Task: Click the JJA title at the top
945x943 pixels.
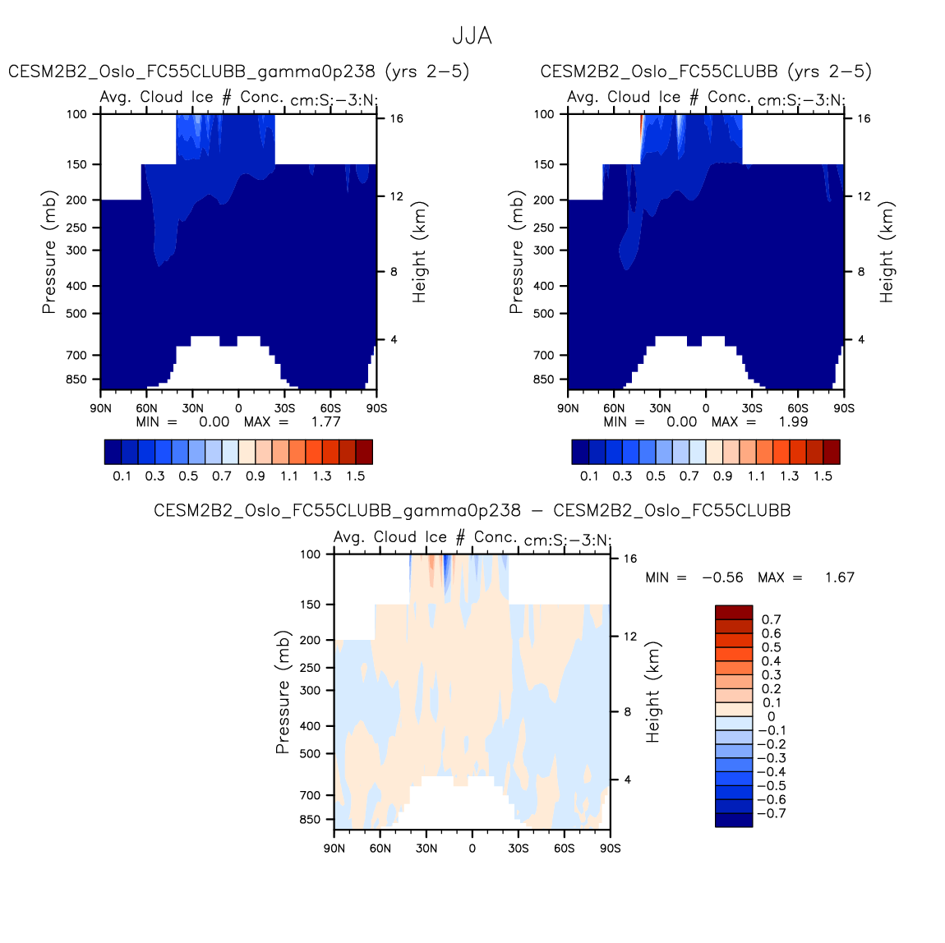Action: pyautogui.click(x=472, y=37)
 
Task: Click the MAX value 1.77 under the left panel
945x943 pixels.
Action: pyautogui.click(x=325, y=422)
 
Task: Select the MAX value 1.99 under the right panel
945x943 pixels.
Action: pyautogui.click(x=793, y=422)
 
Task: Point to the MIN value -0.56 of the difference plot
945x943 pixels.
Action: pyautogui.click(x=722, y=578)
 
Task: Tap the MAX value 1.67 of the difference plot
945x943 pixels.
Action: pyautogui.click(x=839, y=578)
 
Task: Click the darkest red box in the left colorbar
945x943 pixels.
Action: pyautogui.click(x=364, y=452)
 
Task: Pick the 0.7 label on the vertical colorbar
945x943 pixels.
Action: pyautogui.click(x=771, y=620)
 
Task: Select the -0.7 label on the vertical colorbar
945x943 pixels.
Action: pyautogui.click(x=771, y=814)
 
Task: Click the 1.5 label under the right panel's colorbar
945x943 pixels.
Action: pyautogui.click(x=823, y=476)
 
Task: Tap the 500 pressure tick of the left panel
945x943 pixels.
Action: pyautogui.click(x=76, y=314)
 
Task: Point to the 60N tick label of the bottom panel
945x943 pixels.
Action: pyautogui.click(x=380, y=849)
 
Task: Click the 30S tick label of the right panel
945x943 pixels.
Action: pyautogui.click(x=752, y=408)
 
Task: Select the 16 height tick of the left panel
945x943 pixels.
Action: pyautogui.click(x=397, y=119)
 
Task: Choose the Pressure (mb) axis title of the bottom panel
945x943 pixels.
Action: pyautogui.click(x=283, y=692)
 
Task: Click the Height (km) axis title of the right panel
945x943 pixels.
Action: pyautogui.click(x=887, y=252)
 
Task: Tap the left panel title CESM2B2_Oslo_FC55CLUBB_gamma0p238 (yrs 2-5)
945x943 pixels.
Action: pyautogui.click(x=238, y=72)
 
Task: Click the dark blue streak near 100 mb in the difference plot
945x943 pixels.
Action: pyautogui.click(x=446, y=567)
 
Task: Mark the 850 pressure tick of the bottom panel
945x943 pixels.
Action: pyautogui.click(x=311, y=820)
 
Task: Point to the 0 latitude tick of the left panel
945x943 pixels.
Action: pyautogui.click(x=238, y=408)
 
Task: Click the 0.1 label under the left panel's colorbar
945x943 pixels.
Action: pyautogui.click(x=122, y=476)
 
